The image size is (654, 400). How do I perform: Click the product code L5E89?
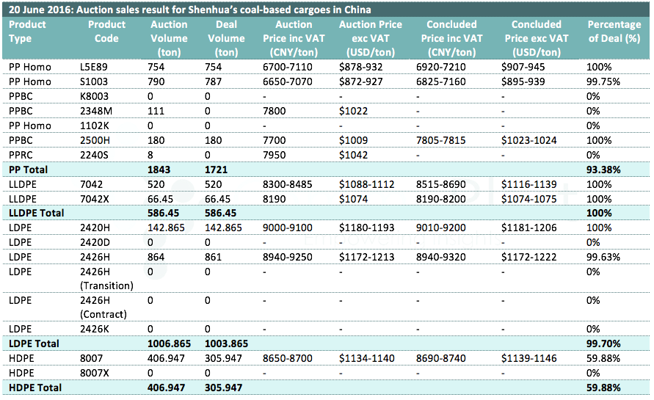(x=93, y=67)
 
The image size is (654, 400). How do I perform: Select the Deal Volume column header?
(x=226, y=38)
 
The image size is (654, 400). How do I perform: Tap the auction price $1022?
(x=353, y=112)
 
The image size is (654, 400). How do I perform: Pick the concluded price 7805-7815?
(x=440, y=141)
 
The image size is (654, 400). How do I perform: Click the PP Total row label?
(x=28, y=170)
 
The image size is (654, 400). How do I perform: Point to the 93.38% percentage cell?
(x=603, y=170)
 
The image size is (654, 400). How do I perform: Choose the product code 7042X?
(x=94, y=200)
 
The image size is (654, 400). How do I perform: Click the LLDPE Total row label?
(x=36, y=213)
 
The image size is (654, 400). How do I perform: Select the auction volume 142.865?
(x=166, y=228)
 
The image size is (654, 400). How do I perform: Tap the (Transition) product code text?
(x=106, y=286)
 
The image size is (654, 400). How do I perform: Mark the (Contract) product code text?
(x=103, y=314)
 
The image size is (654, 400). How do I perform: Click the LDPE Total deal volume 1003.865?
(x=226, y=343)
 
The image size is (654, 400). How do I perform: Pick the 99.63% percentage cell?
(x=603, y=257)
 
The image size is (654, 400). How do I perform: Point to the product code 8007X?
(x=94, y=374)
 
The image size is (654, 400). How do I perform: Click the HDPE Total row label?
(x=35, y=388)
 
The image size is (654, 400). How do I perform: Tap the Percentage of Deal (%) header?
(x=614, y=32)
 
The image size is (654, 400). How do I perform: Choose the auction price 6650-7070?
(x=288, y=81)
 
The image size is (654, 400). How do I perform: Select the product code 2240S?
(x=94, y=155)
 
